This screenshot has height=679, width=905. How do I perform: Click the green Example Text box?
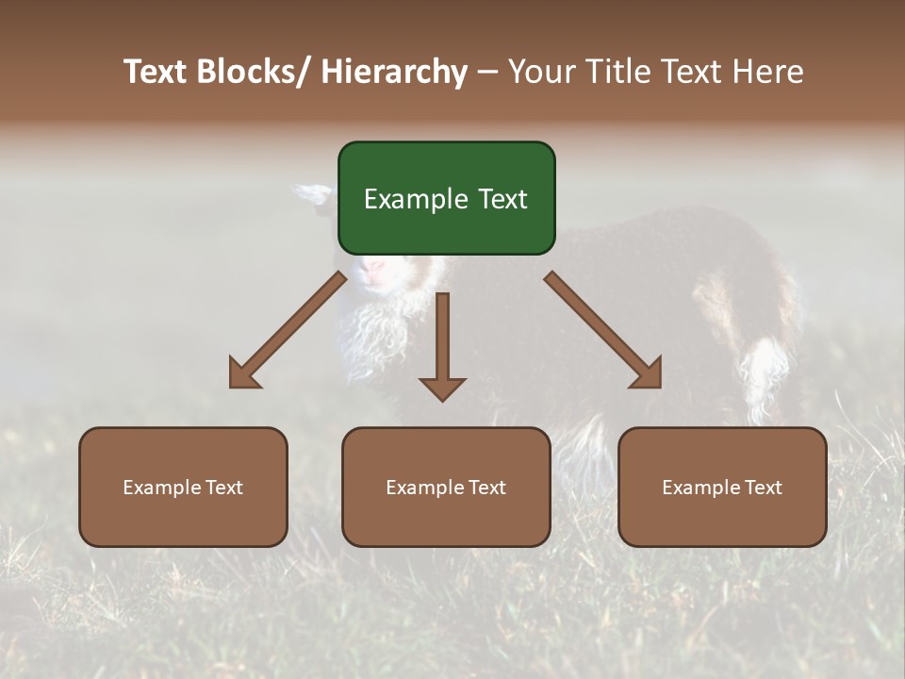point(446,198)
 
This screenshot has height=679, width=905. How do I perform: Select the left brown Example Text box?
point(183,487)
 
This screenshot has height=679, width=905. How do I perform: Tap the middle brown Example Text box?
point(446,487)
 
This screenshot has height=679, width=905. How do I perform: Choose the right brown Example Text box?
point(722,487)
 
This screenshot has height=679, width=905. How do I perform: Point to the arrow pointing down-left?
point(288,330)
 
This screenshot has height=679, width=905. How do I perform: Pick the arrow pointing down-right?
point(603,330)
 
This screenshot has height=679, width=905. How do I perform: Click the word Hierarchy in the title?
point(394,72)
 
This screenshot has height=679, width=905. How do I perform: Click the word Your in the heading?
point(540,72)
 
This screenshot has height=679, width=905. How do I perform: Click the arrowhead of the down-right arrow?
point(649,374)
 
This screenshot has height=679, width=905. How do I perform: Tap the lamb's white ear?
point(312,193)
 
